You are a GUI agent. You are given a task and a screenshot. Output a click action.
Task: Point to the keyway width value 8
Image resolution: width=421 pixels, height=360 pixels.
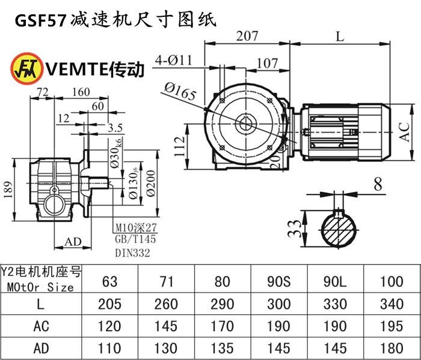pos(377,185)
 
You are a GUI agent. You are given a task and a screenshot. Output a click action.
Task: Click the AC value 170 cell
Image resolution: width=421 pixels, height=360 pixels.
pos(223,326)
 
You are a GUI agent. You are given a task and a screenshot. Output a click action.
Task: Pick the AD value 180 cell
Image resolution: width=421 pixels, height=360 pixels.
pos(392,348)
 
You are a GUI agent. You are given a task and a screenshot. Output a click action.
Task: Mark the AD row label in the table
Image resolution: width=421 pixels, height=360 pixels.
pos(40,348)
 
